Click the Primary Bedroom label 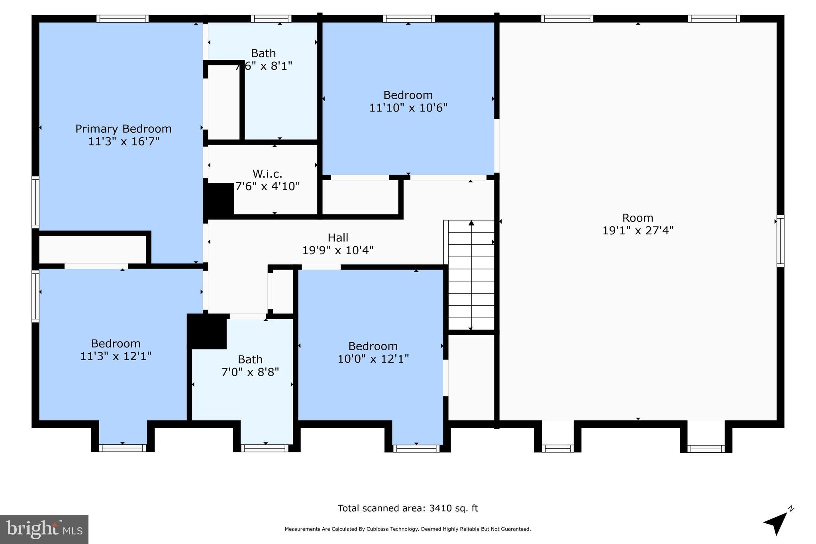pos(124,129)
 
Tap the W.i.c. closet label pos(267,174)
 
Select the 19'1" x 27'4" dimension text pos(637,231)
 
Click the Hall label pos(338,238)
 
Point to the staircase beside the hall pos(471,275)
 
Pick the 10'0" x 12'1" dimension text pos(373,359)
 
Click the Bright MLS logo pos(44,529)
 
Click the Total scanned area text pos(408,509)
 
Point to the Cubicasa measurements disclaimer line pos(408,529)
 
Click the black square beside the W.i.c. pos(218,200)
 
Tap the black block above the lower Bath pos(207,331)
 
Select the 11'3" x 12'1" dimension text pos(116,356)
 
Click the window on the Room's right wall pos(781,241)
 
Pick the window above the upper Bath pos(271,18)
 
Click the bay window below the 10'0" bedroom pos(416,448)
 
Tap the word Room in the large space pos(637,218)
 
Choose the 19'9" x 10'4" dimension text pos(338,251)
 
